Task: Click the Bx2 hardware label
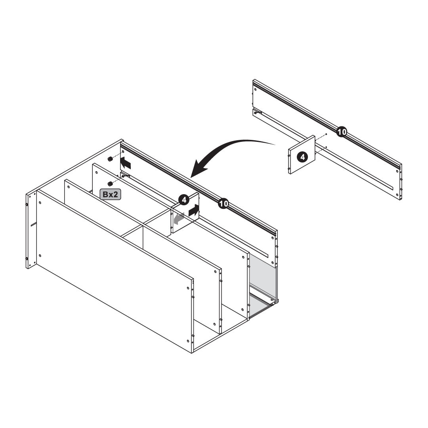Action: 110,194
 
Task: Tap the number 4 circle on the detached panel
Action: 302,157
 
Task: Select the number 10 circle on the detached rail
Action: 342,132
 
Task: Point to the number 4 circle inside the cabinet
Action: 184,200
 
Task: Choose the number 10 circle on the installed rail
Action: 223,203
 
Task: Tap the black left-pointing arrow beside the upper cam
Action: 126,163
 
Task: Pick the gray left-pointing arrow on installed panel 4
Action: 179,219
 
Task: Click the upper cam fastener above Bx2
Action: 110,159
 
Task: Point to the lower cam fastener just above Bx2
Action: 110,183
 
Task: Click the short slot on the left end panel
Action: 34,225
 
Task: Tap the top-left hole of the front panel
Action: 40,203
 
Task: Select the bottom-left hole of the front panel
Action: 40,256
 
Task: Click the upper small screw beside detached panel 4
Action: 326,134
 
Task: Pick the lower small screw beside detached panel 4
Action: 326,147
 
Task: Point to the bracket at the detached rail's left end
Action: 258,112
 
